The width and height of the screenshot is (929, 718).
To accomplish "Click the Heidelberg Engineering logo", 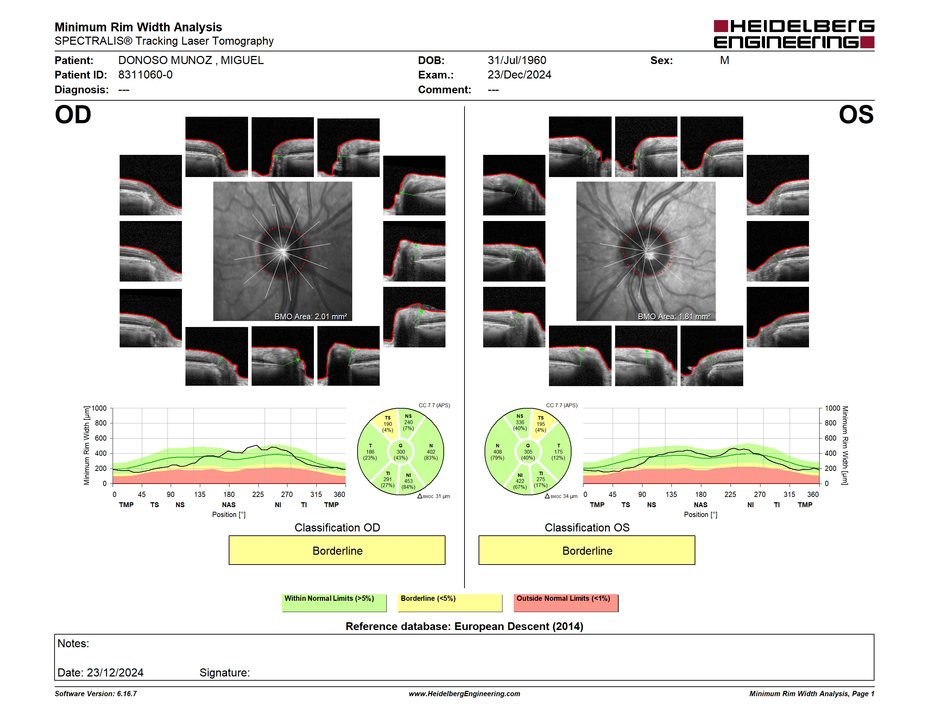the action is point(794,34).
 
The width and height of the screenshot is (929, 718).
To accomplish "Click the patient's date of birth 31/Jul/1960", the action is point(517,61).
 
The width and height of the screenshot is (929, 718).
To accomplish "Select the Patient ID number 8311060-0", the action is point(145,75).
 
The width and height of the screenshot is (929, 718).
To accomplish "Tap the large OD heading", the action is point(73,115).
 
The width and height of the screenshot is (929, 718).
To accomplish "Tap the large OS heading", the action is point(856,115).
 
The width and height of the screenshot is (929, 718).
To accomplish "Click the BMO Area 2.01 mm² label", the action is point(310,316).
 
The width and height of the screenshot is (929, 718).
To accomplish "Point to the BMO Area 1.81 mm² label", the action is point(674,316).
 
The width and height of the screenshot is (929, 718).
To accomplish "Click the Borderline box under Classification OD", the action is point(337,550).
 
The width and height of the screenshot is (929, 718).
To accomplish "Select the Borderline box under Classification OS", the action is point(587,550).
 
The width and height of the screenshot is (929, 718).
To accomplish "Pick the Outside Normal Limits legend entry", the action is point(566,603).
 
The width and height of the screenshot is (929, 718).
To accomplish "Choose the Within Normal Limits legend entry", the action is point(334,603).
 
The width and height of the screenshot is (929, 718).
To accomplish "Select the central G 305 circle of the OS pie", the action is point(528,452).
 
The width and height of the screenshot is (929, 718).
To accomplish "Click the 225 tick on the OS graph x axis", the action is point(730,494).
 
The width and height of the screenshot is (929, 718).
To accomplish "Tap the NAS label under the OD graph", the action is point(229,504).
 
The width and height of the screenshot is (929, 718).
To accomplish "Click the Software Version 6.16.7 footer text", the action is point(96,694).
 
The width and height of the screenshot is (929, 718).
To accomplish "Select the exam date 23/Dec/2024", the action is point(519,75).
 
